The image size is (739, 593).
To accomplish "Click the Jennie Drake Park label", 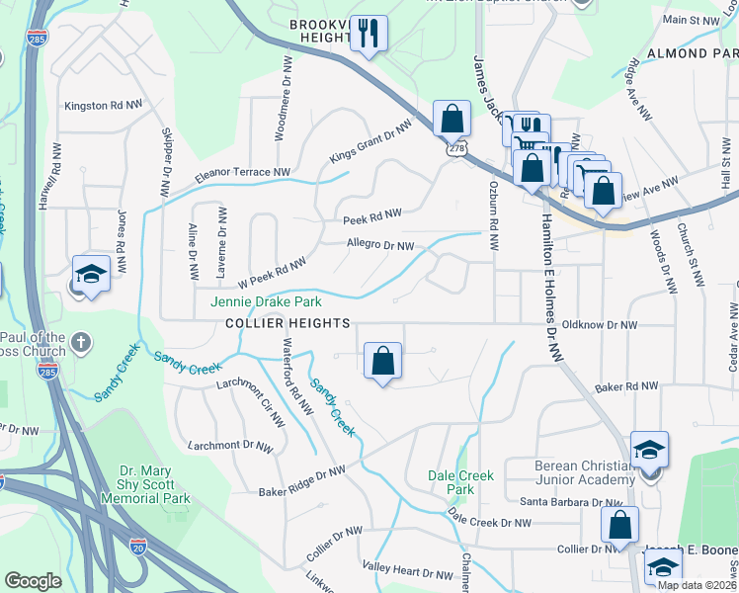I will [266, 300].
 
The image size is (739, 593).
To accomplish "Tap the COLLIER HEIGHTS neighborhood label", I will [287, 323].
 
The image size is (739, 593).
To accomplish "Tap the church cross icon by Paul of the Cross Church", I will [81, 344].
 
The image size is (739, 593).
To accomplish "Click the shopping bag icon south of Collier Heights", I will [383, 362].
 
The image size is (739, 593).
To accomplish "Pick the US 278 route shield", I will [455, 148].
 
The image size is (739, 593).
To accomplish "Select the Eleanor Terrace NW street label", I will [243, 173].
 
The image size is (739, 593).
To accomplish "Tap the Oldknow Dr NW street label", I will [599, 324].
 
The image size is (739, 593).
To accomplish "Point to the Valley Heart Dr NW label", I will [408, 572].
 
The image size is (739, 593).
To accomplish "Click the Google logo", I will [33, 581].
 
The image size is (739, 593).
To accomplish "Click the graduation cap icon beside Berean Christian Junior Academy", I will [649, 451].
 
